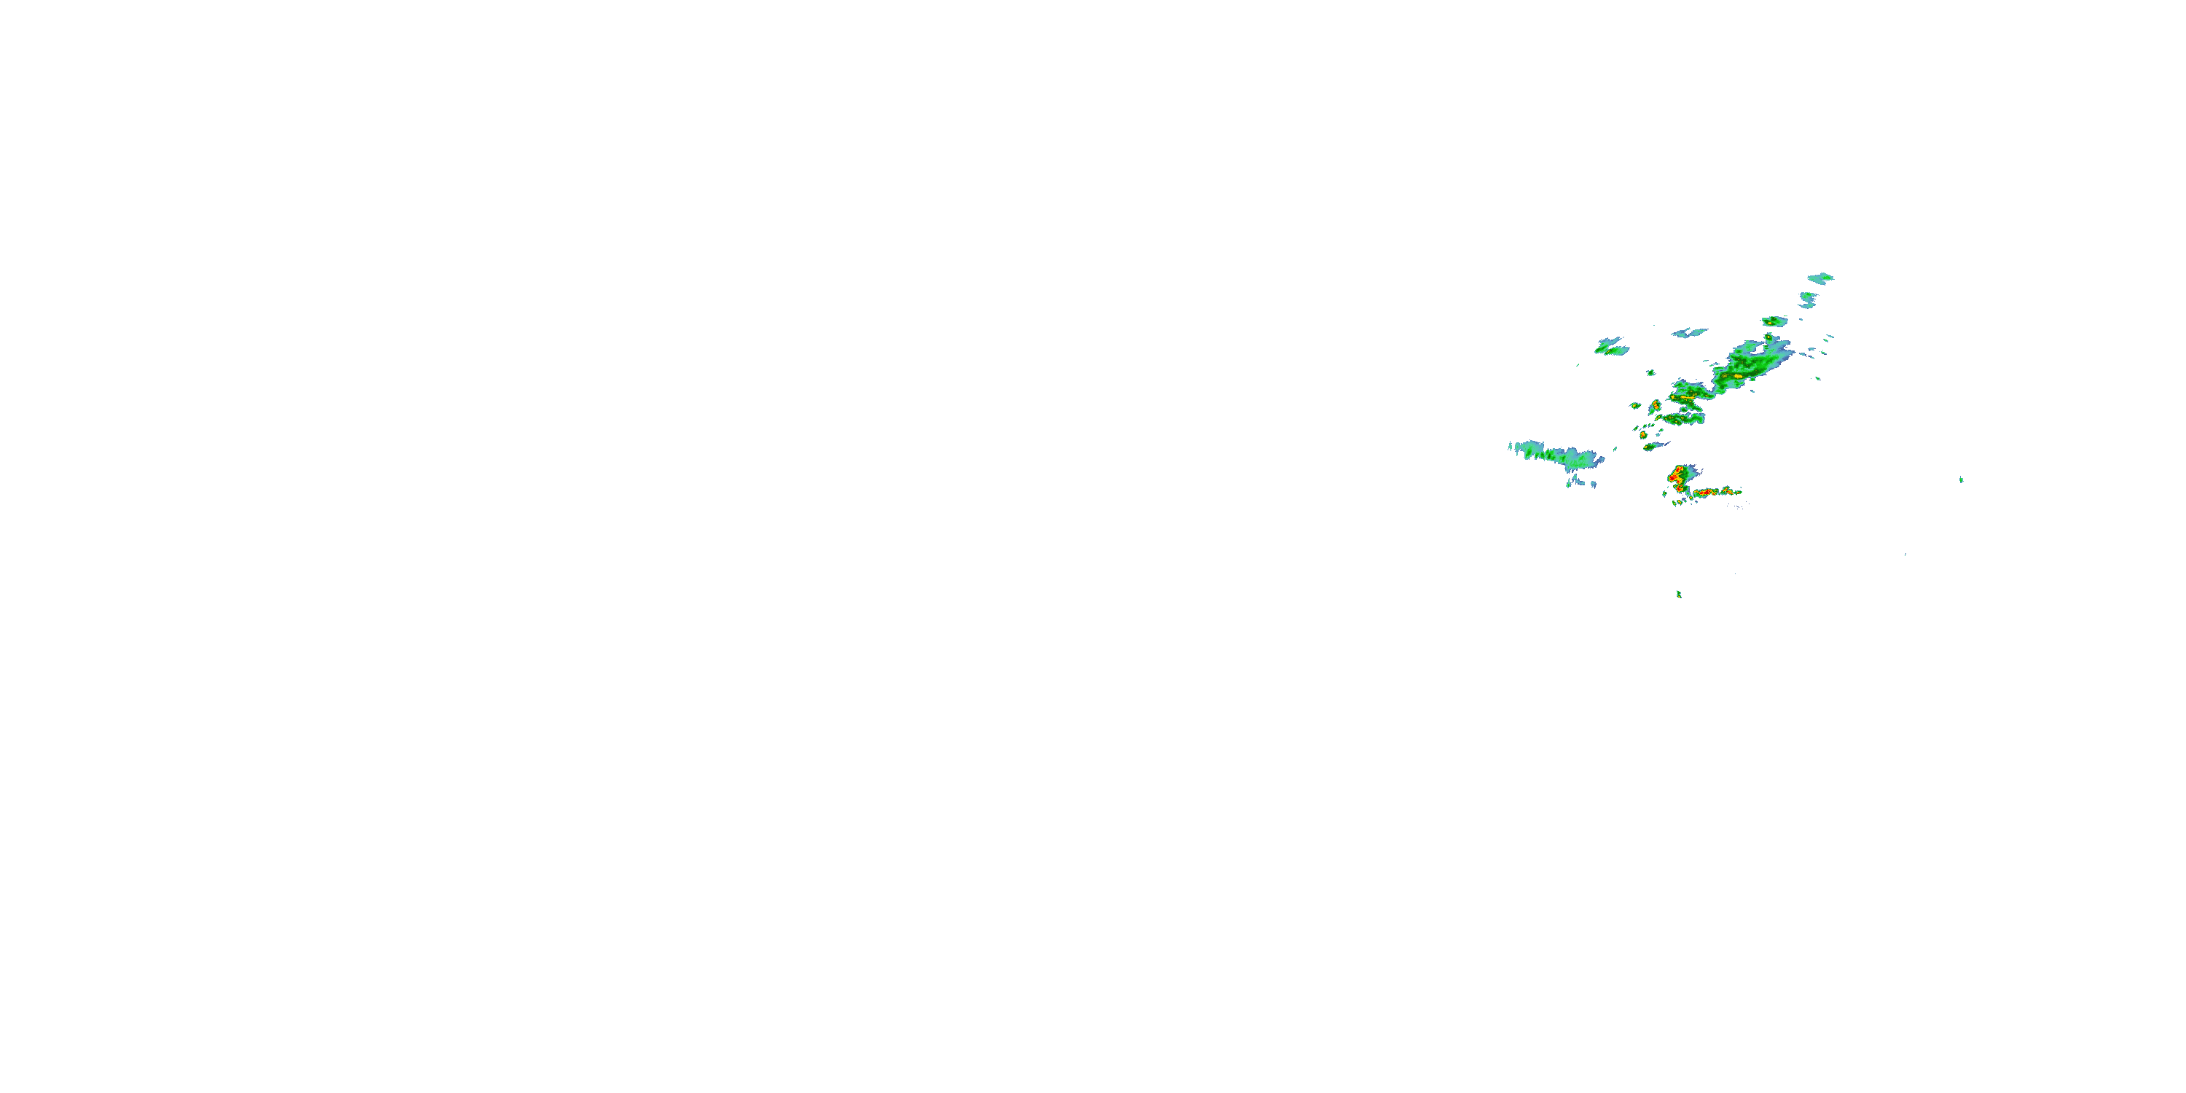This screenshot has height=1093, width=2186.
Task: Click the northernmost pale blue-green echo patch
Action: click(x=1820, y=278)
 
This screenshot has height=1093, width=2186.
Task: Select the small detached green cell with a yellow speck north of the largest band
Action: click(x=1774, y=321)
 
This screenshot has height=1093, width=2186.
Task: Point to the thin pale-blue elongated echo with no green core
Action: click(x=1690, y=333)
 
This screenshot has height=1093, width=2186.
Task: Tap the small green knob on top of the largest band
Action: click(x=1768, y=337)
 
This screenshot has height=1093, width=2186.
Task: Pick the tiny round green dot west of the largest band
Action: click(x=1650, y=372)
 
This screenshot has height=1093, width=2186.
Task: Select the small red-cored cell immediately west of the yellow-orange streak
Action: click(x=1655, y=405)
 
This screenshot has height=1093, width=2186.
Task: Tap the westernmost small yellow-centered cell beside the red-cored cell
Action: click(x=1635, y=406)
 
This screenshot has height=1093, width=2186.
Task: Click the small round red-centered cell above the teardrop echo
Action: click(x=1644, y=434)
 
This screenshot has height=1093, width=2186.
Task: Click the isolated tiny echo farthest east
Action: click(x=1961, y=480)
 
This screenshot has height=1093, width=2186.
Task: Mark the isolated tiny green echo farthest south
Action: click(x=1679, y=594)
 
